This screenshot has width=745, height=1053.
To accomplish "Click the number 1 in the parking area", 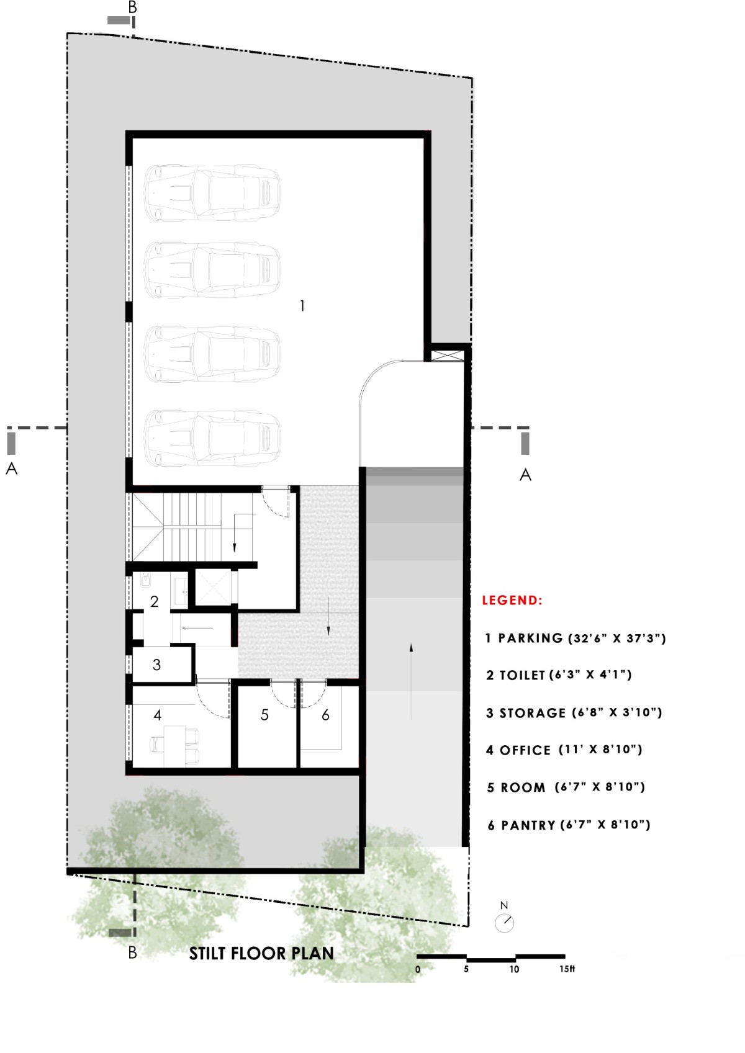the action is [302, 306].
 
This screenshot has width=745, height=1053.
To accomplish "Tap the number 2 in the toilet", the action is [154, 602].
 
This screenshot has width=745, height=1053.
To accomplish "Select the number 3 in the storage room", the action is [156, 665].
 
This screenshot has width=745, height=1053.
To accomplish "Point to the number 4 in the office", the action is [158, 715].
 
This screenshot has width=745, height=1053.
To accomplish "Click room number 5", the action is [264, 715].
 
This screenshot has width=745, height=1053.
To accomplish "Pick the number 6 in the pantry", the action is [325, 715].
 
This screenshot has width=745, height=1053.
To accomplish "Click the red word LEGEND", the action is [512, 600].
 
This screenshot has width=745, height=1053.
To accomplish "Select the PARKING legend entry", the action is [576, 638].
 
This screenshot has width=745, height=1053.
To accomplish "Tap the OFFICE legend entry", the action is [564, 750].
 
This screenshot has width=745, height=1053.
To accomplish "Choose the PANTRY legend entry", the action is [569, 825].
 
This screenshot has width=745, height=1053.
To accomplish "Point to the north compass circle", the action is [504, 923].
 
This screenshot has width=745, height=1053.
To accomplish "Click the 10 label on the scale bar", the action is [514, 969].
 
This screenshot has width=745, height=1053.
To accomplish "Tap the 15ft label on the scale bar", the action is [567, 969].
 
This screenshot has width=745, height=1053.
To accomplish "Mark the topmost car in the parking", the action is [212, 193].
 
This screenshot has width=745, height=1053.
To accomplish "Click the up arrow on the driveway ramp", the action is [411, 681].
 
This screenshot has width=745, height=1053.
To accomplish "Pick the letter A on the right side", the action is [525, 475].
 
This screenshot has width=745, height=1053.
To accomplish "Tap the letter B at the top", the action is [133, 7].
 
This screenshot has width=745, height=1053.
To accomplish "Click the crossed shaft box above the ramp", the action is [447, 355].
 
